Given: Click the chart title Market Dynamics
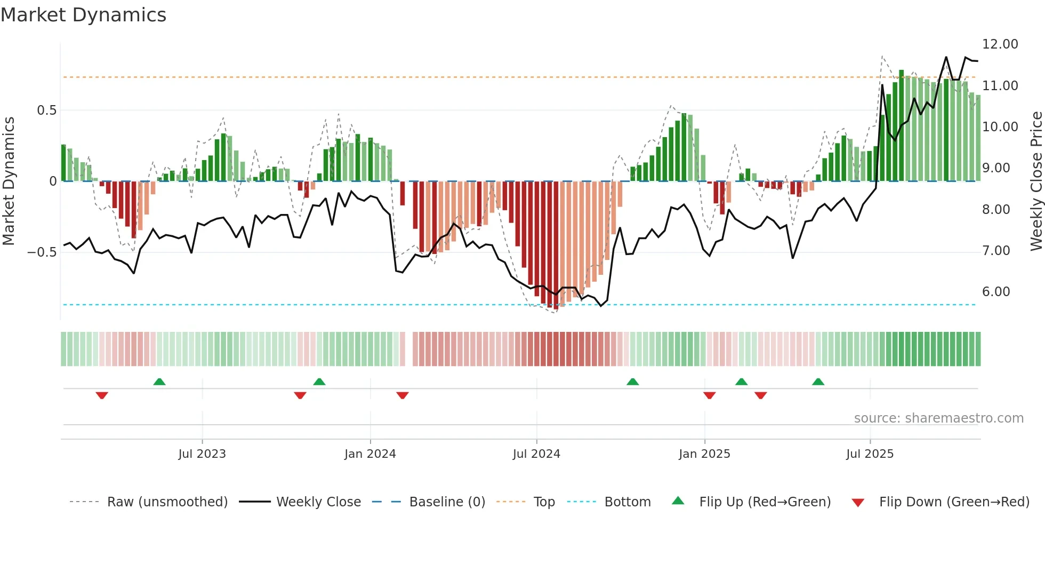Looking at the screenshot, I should tap(83, 15).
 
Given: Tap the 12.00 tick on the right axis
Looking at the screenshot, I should tap(1000, 44).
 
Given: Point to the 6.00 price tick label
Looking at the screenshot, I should tap(995, 292).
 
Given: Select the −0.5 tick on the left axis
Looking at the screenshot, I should tap(42, 252).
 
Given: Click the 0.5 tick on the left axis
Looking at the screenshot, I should tap(46, 110).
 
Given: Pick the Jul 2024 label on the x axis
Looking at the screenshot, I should tap(536, 454).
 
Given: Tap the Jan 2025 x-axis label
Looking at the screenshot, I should tap(704, 454).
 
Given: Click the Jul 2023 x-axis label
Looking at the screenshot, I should tap(202, 454).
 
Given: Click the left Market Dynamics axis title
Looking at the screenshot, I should tap(9, 181).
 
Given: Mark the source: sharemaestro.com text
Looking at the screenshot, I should tap(938, 418).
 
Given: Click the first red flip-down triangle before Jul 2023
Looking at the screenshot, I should tap(102, 395).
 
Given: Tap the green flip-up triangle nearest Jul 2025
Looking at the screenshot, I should tap(818, 382).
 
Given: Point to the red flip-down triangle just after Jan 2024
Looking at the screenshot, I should tap(403, 395).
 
